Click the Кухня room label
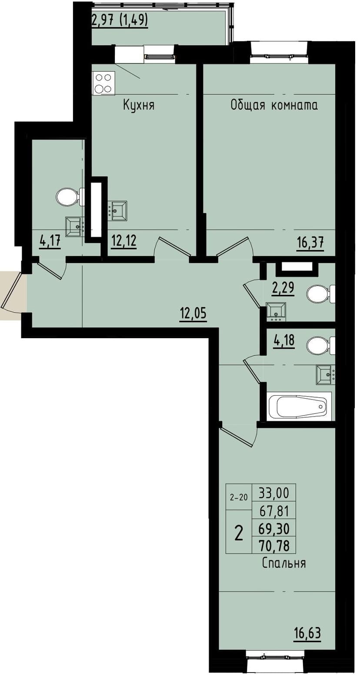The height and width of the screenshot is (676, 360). click(x=139, y=105)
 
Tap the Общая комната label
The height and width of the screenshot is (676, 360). click(x=274, y=105)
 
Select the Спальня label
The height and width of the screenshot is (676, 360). click(x=284, y=563)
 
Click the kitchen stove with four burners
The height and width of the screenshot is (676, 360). click(x=104, y=83)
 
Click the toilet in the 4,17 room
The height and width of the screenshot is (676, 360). click(x=70, y=197)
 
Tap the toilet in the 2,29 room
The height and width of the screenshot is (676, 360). click(x=320, y=294)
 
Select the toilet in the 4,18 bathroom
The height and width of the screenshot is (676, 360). click(x=320, y=346)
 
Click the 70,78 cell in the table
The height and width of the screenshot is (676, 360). click(x=274, y=544)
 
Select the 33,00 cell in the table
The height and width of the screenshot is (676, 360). click(x=274, y=493)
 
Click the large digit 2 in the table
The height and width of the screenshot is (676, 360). click(x=239, y=532)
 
